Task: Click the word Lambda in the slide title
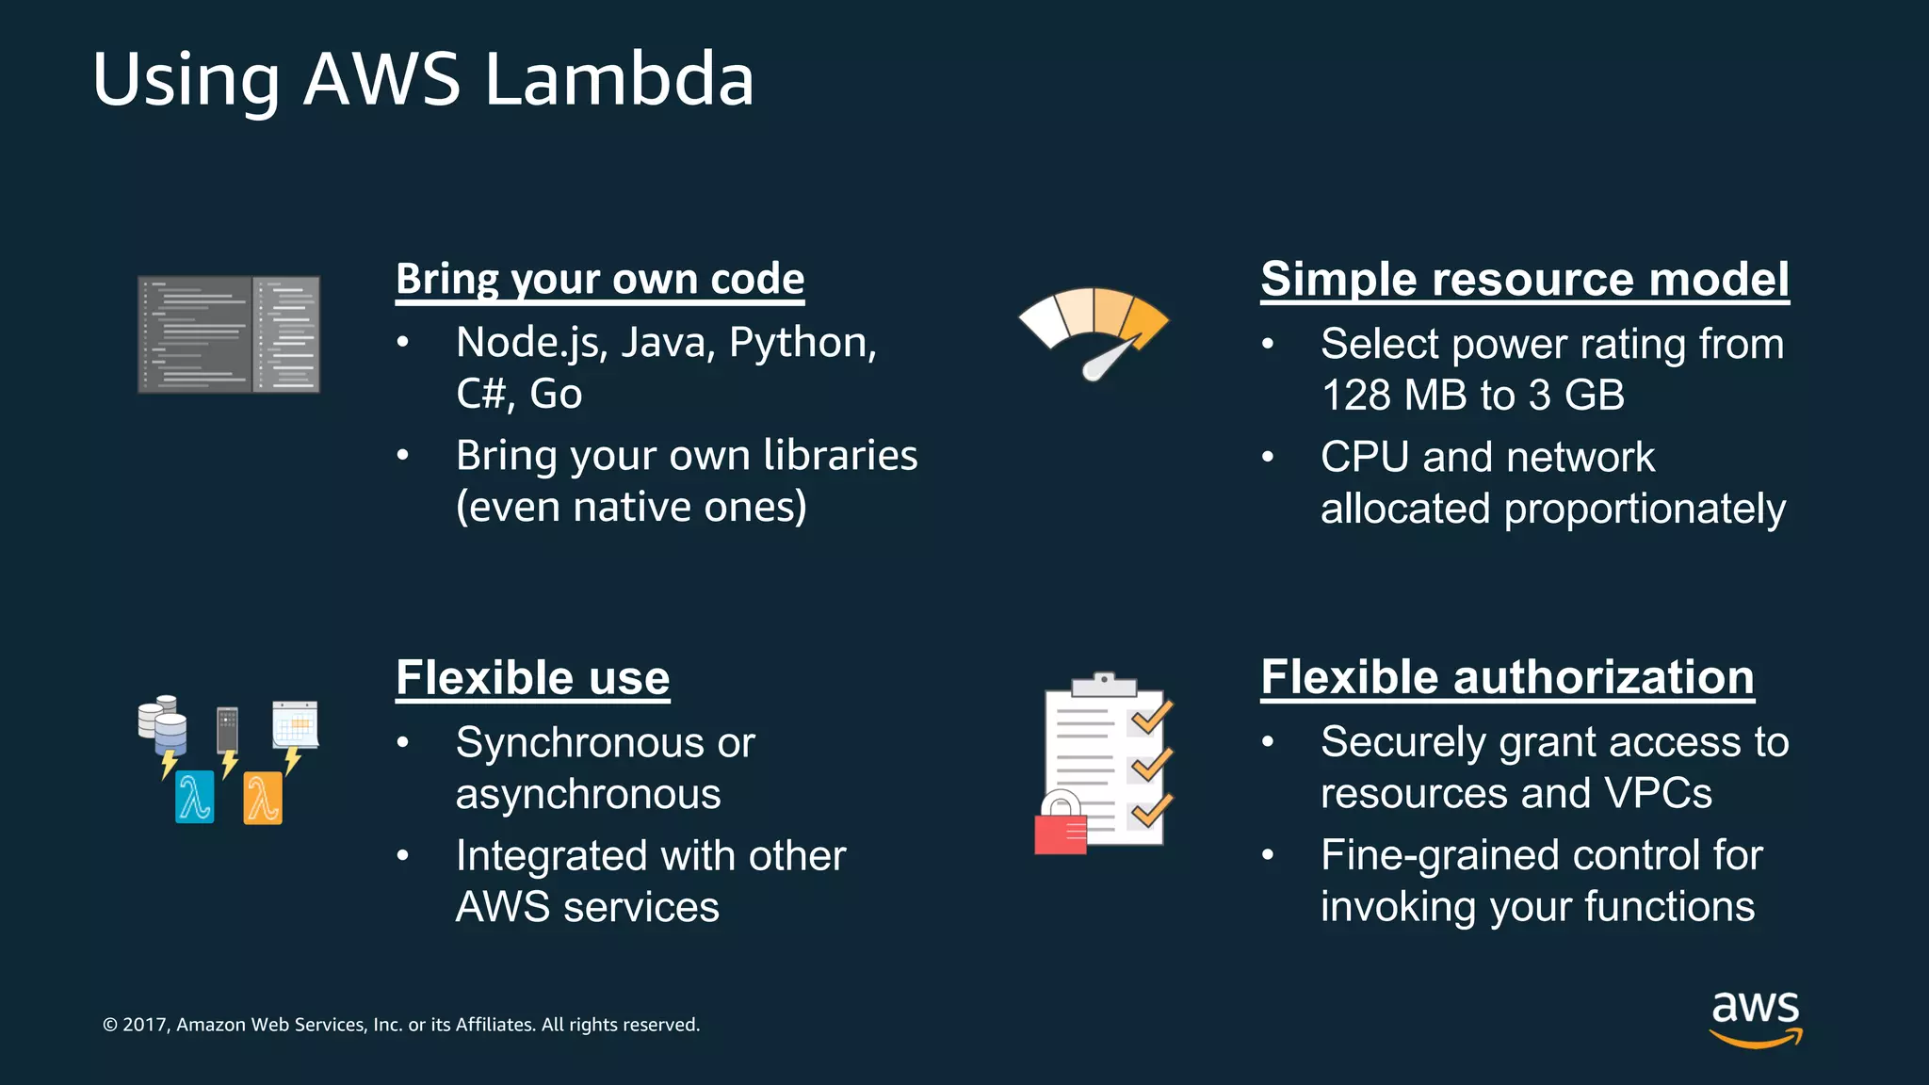click(x=618, y=79)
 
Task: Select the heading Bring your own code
click(x=600, y=280)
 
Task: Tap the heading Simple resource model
click(x=1524, y=280)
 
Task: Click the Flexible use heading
click(x=532, y=678)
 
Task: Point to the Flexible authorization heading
click(x=1507, y=678)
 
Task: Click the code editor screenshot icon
click(x=229, y=334)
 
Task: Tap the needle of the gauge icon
click(x=1108, y=359)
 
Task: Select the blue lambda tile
click(x=195, y=797)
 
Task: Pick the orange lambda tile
click(x=263, y=798)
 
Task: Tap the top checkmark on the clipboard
click(x=1151, y=718)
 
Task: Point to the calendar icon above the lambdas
click(x=295, y=724)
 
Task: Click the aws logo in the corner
click(x=1755, y=1017)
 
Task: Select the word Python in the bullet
click(x=802, y=343)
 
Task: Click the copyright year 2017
click(x=144, y=1025)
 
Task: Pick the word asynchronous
click(x=588, y=795)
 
